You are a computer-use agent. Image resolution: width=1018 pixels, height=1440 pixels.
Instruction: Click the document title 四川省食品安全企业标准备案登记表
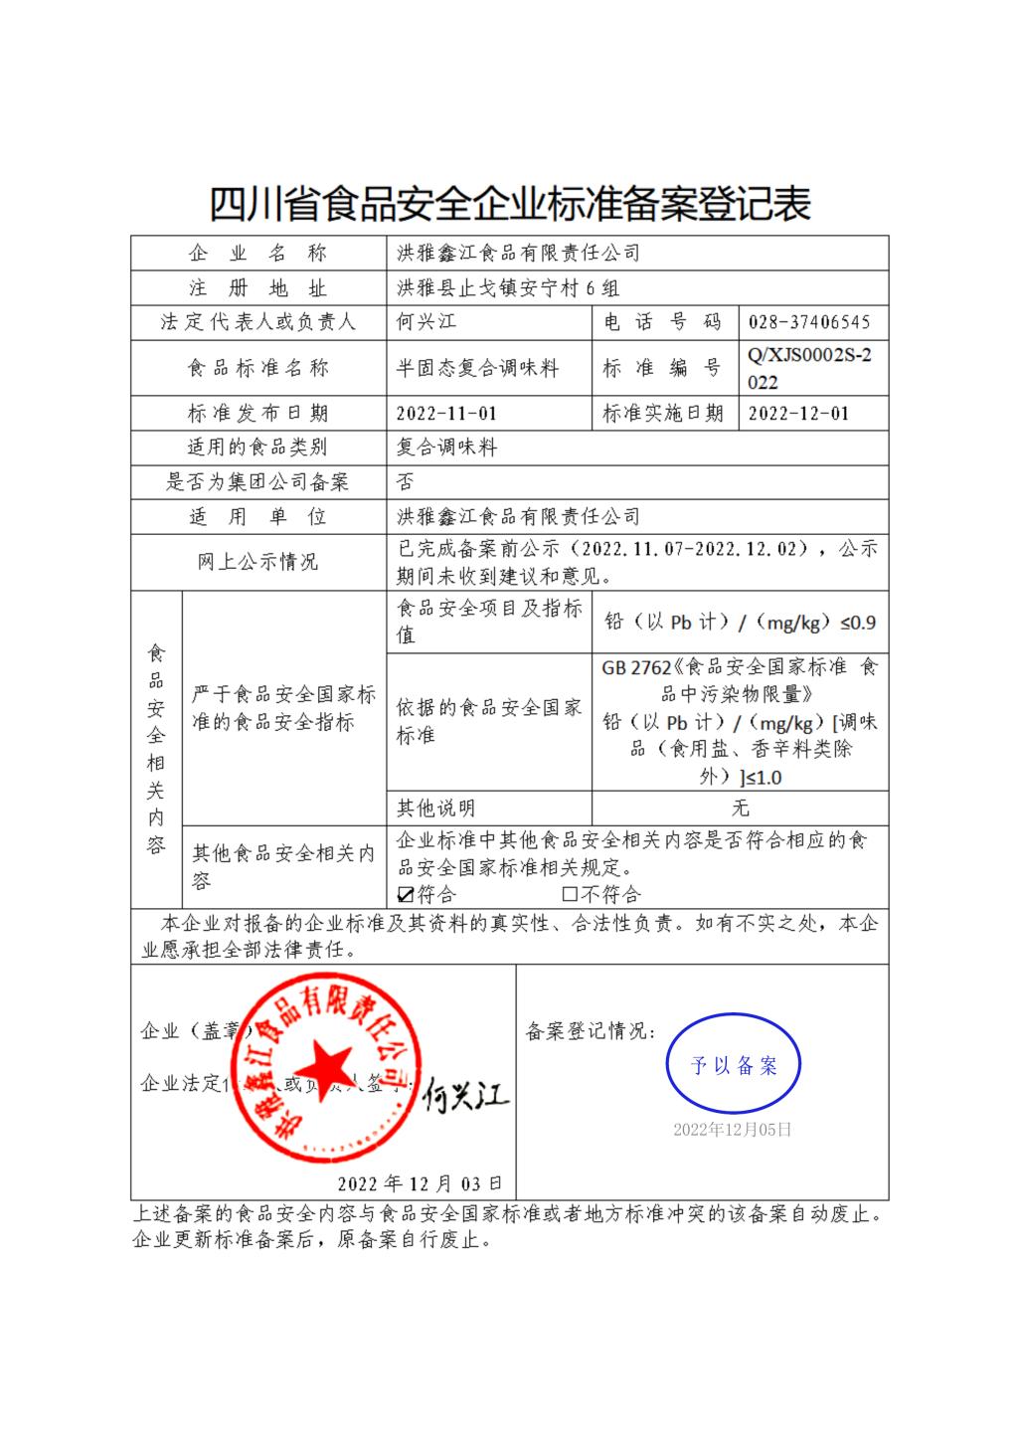[509, 204]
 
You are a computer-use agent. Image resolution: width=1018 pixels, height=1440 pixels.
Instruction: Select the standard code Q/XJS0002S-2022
[810, 369]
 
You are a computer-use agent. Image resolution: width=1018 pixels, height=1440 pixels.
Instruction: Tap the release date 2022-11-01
[446, 414]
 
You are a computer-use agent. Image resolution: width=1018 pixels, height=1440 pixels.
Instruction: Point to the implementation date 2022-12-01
[798, 414]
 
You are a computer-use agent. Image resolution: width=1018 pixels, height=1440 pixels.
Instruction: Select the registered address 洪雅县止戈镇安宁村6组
[508, 288]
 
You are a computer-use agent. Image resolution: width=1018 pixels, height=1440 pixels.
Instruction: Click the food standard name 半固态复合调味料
[477, 369]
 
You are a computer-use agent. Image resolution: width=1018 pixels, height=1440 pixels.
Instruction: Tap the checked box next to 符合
[405, 894]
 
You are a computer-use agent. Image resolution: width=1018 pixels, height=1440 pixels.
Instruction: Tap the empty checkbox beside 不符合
[570, 894]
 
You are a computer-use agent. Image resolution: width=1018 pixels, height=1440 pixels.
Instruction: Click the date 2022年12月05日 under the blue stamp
[733, 1130]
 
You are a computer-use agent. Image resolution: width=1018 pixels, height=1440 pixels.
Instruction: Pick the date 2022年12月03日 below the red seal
[420, 1183]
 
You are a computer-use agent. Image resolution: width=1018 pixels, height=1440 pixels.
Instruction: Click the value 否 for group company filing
[405, 482]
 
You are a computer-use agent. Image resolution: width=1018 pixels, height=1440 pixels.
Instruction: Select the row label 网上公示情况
[257, 562]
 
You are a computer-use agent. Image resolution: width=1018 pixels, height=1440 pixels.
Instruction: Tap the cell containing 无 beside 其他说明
[740, 808]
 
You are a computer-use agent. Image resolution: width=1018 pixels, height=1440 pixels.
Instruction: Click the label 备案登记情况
[590, 1031]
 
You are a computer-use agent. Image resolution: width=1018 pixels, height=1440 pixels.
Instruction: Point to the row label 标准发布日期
[257, 414]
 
